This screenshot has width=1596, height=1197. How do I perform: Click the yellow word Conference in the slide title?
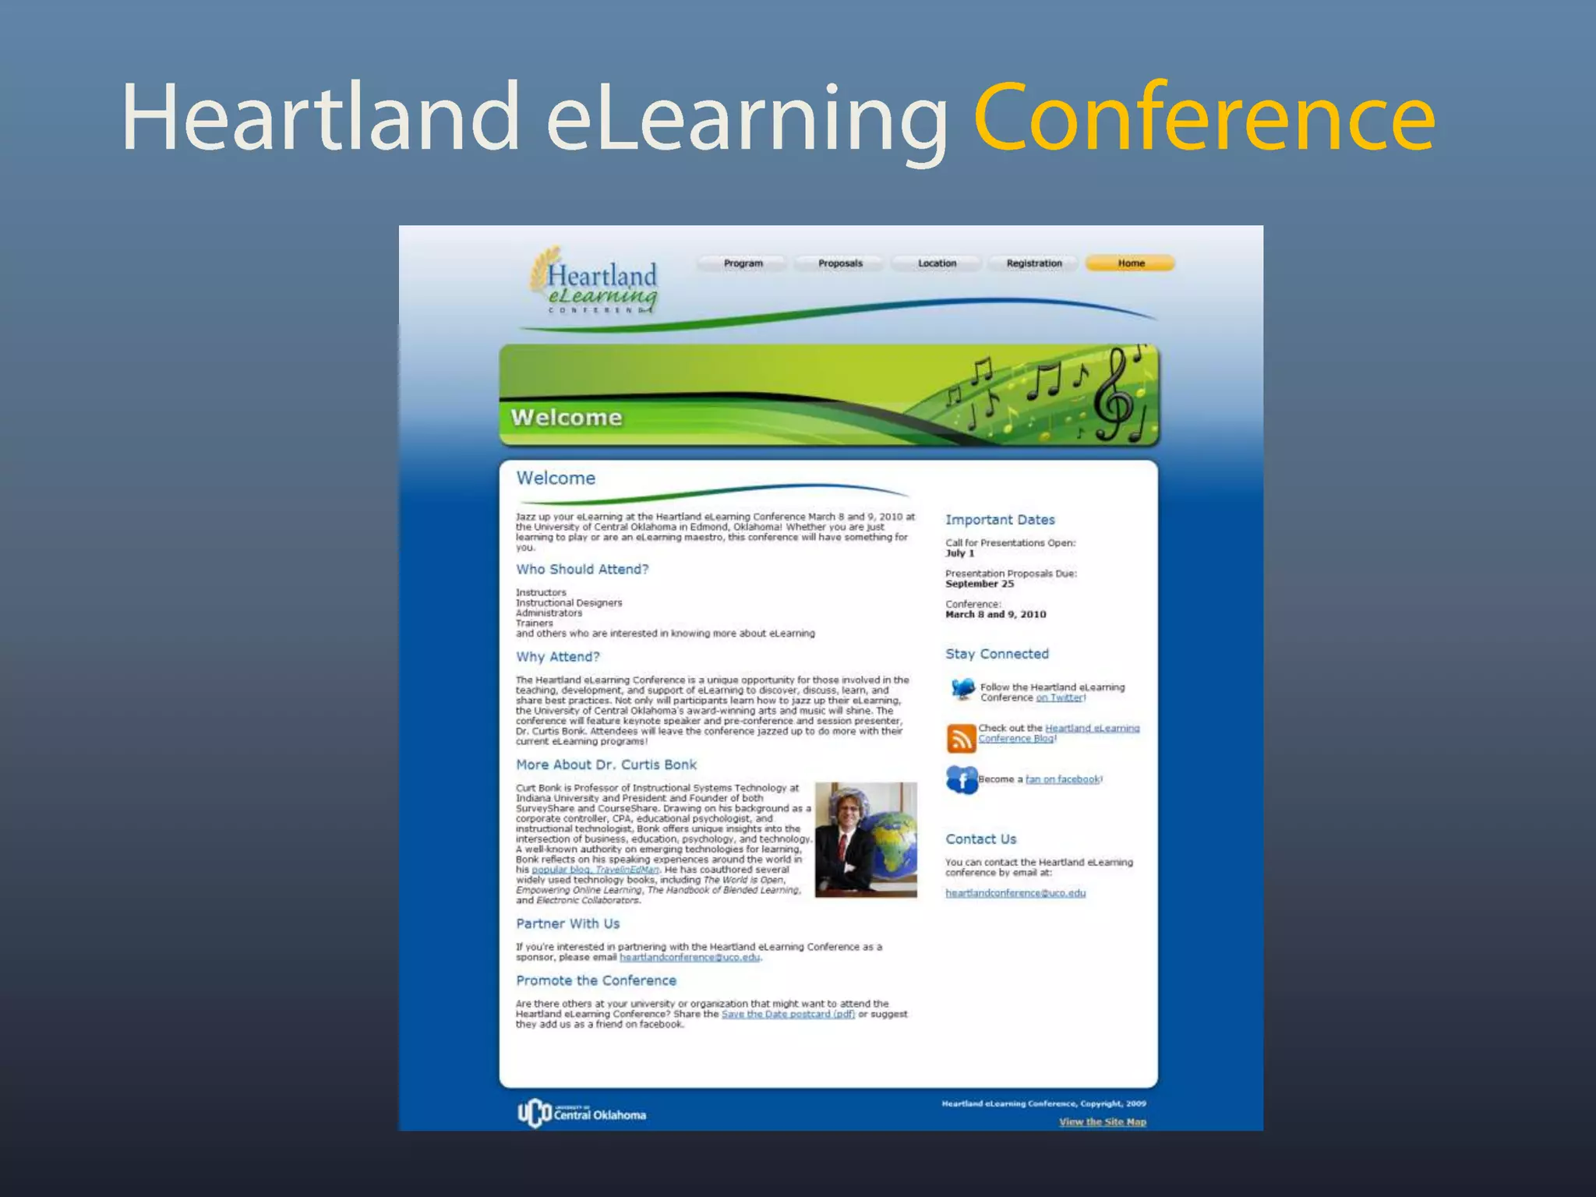(1204, 118)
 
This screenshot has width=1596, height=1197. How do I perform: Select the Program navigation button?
(743, 263)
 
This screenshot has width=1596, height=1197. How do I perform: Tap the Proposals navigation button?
(840, 263)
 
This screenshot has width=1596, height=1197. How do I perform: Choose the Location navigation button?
(937, 263)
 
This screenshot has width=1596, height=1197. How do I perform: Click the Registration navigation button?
(1034, 263)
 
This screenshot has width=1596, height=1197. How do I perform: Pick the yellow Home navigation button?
(1131, 263)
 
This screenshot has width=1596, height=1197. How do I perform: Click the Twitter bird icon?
(963, 690)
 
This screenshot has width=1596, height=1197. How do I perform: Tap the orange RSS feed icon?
(962, 737)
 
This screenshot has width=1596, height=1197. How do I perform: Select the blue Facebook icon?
(962, 779)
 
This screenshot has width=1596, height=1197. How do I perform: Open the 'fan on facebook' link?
(1062, 779)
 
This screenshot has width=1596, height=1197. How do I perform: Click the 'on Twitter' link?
(1059, 697)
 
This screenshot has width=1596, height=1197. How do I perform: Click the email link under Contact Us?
(1015, 893)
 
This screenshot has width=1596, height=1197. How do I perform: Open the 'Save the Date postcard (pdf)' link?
(788, 1014)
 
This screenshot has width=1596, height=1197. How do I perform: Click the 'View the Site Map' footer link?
(1102, 1122)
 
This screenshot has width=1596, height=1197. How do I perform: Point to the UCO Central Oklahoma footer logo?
(582, 1113)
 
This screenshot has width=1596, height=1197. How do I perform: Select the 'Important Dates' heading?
(1000, 520)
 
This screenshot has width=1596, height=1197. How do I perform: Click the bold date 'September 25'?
(980, 584)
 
